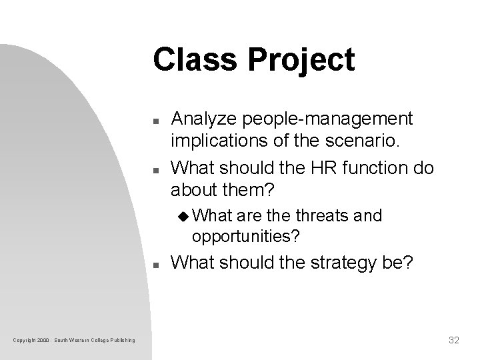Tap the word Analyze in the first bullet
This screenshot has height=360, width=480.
(202, 119)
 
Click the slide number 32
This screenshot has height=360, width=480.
(454, 340)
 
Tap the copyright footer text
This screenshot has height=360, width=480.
(74, 341)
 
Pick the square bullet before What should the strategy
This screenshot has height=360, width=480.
(155, 265)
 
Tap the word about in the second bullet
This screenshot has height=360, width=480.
(189, 191)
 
